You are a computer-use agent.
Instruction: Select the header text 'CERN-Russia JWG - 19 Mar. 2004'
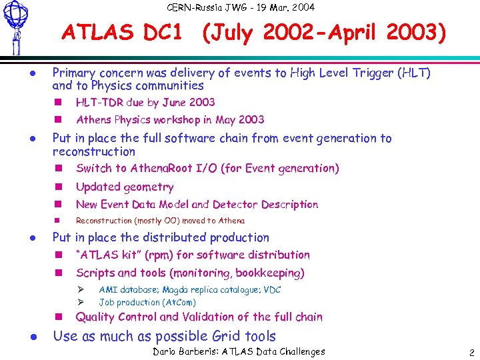click(x=241, y=7)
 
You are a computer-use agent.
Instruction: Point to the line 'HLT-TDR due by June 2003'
click(x=145, y=102)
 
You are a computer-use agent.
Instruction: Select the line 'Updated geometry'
click(x=125, y=187)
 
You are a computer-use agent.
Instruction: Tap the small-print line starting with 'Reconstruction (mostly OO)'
click(x=160, y=221)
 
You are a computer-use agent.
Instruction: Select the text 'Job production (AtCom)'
click(x=147, y=302)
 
